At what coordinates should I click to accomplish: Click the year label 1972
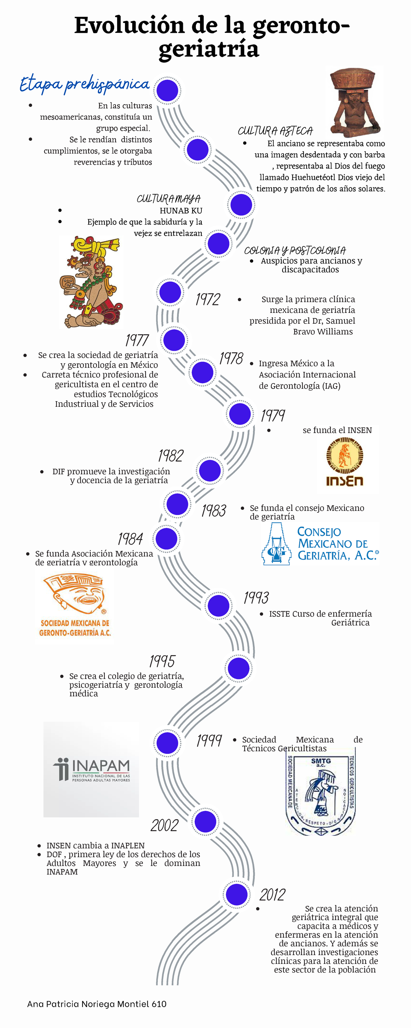(208, 299)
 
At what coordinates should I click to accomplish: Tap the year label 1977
(137, 340)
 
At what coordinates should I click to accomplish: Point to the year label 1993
(256, 597)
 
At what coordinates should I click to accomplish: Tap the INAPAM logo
(91, 769)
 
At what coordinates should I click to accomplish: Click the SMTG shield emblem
(321, 796)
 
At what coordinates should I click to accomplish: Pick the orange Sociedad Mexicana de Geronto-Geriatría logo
(75, 605)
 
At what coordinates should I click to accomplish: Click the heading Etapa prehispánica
(85, 84)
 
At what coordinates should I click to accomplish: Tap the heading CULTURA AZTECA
(275, 131)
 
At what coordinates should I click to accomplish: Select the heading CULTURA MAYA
(169, 199)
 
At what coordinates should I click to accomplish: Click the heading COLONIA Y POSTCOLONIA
(295, 250)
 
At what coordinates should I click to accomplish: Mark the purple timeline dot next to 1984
(167, 539)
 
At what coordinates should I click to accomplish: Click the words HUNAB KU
(181, 211)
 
